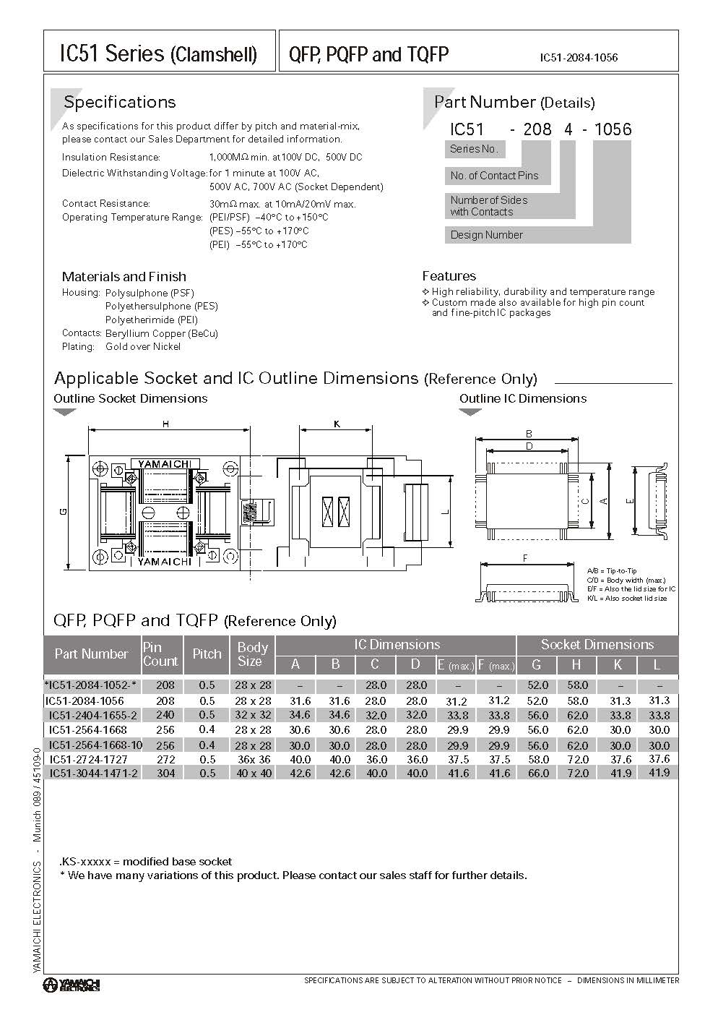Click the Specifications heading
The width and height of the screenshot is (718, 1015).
click(x=119, y=102)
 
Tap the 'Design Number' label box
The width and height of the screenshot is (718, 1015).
click(x=486, y=234)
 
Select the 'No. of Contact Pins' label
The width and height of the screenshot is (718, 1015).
click(x=494, y=175)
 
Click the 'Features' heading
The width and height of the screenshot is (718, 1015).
click(x=449, y=275)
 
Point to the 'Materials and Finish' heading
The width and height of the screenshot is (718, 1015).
click(x=124, y=276)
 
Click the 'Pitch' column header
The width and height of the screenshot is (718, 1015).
click(x=207, y=654)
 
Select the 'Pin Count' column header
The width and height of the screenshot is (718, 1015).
click(x=160, y=654)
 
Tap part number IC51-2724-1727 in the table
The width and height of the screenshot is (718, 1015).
click(x=88, y=759)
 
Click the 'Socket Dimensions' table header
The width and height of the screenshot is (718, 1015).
click(x=597, y=644)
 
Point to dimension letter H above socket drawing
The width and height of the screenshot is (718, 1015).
click(x=165, y=424)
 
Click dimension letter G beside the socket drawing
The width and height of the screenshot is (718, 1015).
click(x=64, y=512)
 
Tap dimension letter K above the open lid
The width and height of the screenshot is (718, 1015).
click(x=337, y=424)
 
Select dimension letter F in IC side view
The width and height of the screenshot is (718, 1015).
click(x=524, y=557)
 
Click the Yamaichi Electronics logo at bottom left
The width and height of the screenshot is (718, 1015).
click(x=71, y=984)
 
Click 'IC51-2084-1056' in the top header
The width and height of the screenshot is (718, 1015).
click(x=578, y=57)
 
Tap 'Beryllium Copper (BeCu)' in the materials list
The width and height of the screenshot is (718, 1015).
click(x=161, y=333)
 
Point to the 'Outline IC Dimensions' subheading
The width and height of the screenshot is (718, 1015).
click(x=522, y=398)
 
